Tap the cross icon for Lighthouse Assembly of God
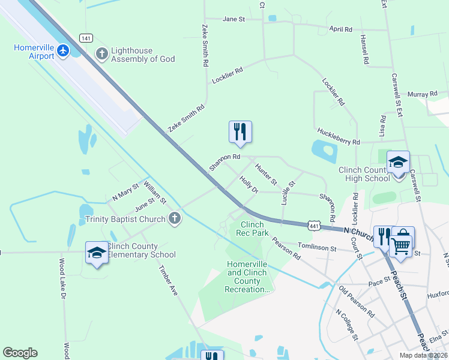pyautogui.click(x=101, y=55)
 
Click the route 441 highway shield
pyautogui.click(x=313, y=225)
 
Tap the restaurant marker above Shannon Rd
pyautogui.click(x=240, y=132)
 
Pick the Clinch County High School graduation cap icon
pyautogui.click(x=398, y=163)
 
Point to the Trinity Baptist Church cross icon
pyautogui.click(x=175, y=218)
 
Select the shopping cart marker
pyautogui.click(x=402, y=243)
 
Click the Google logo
pyautogui.click(x=20, y=353)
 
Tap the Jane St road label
pyautogui.click(x=234, y=19)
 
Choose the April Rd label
pyautogui.click(x=340, y=29)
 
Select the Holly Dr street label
pyautogui.click(x=248, y=184)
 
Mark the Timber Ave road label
pyautogui.click(x=167, y=281)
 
